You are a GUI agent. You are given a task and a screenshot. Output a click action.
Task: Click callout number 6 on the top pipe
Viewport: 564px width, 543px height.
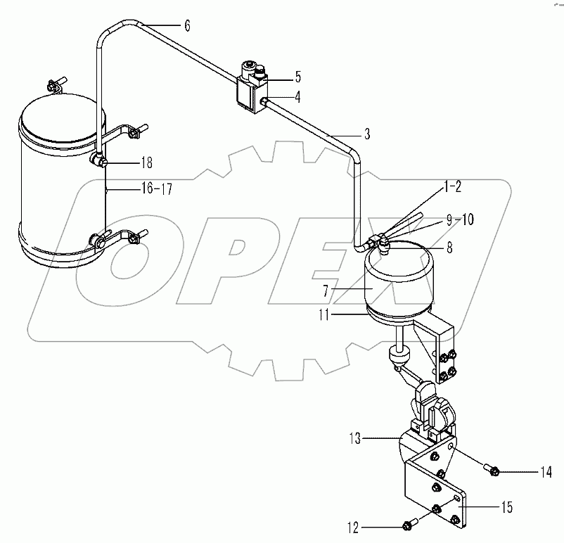coord(187,26)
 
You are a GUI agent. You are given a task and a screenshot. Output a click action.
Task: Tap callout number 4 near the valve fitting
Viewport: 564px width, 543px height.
coord(297,98)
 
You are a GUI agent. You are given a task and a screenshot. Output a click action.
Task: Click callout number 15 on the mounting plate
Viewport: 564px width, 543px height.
coord(506,507)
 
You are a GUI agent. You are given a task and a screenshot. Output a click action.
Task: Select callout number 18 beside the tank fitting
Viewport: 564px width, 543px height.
coord(146,163)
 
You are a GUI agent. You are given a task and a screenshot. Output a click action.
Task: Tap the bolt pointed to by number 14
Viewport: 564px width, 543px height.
coord(493,471)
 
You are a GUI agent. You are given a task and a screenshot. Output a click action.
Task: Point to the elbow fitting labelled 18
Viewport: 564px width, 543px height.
coord(99,160)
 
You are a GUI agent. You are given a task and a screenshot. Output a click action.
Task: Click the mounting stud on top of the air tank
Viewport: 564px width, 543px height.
coord(55,86)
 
